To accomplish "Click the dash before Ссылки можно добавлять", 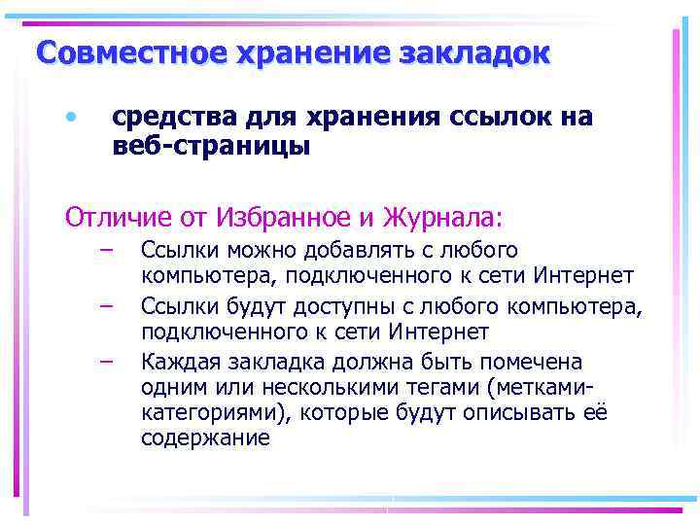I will pyautogui.click(x=105, y=251).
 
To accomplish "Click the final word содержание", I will pyautogui.click(x=205, y=437).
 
